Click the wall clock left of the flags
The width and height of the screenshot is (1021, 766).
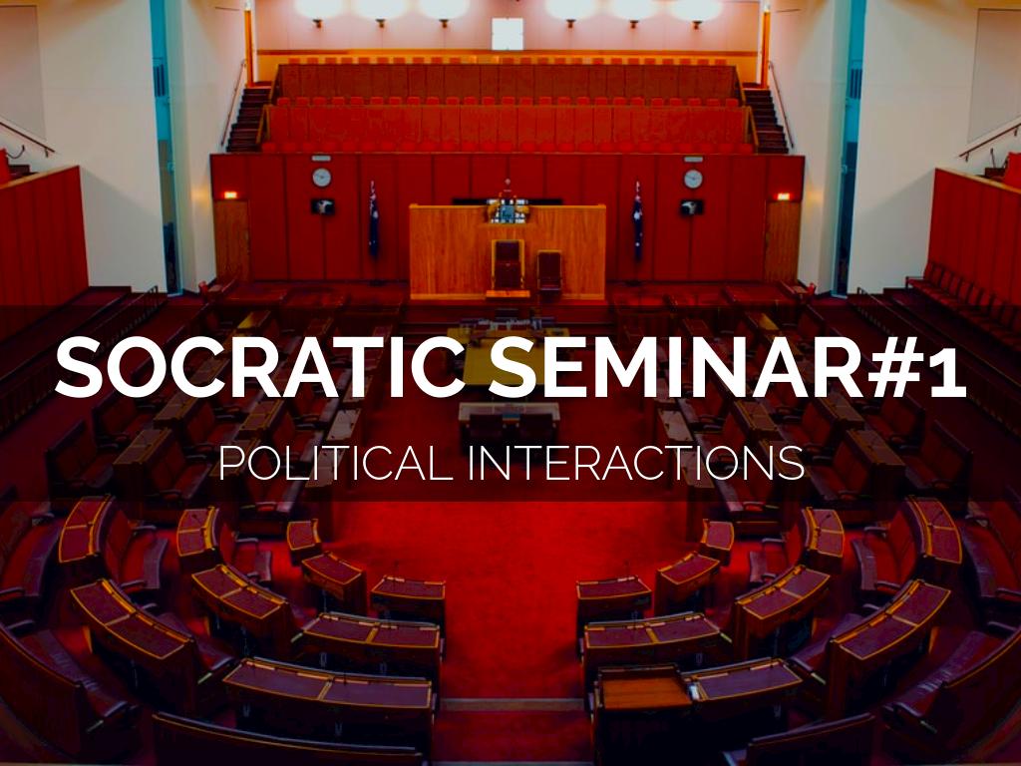pyautogui.click(x=321, y=178)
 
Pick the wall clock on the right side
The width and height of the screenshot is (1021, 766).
pyautogui.click(x=693, y=179)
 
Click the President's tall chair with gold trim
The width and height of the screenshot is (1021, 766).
pyautogui.click(x=508, y=264)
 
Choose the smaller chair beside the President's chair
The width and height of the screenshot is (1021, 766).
pyautogui.click(x=549, y=269)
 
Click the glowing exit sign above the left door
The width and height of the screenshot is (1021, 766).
pyautogui.click(x=230, y=194)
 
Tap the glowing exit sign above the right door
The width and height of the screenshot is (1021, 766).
pyautogui.click(x=783, y=195)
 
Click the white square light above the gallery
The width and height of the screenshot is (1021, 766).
pyautogui.click(x=507, y=34)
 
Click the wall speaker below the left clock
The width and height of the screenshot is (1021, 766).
pyautogui.click(x=321, y=205)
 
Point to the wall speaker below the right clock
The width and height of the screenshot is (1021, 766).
pyautogui.click(x=692, y=206)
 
